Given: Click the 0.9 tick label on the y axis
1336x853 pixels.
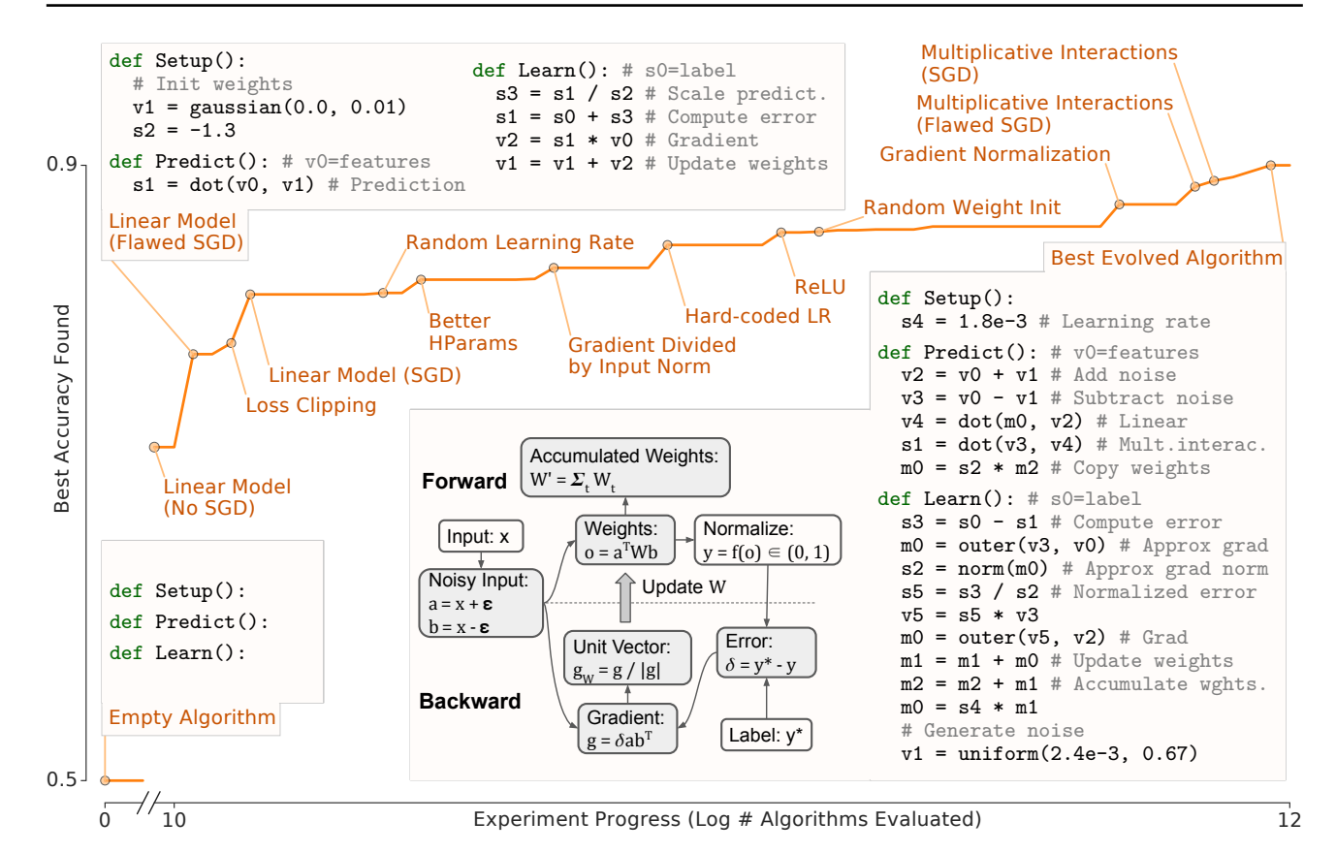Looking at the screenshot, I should click(61, 165).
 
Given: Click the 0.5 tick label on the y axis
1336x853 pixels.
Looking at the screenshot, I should click(61, 780).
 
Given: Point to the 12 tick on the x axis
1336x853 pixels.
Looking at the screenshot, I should click(1289, 820).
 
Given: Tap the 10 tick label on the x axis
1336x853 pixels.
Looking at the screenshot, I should click(174, 820).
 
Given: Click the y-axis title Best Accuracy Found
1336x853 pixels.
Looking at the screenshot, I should click(62, 408).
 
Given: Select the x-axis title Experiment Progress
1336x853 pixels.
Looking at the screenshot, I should click(726, 820).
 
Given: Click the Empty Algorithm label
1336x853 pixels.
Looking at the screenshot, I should click(192, 717).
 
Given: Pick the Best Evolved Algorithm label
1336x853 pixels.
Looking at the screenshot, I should click(1166, 258).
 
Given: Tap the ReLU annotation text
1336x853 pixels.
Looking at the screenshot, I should click(820, 287).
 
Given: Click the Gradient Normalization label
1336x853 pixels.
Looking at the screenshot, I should click(995, 154).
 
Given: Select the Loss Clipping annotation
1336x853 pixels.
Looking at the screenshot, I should click(310, 405).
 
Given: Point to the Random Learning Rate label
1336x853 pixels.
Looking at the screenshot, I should click(520, 242).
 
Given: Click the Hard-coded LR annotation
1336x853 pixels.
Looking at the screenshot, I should click(757, 316).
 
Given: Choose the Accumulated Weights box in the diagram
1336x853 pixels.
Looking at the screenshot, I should click(625, 468).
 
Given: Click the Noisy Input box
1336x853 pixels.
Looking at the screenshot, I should click(480, 603).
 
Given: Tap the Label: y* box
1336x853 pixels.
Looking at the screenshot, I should click(766, 736).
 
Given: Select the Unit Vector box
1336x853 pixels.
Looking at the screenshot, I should click(627, 658).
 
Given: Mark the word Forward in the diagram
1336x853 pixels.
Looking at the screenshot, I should click(464, 481).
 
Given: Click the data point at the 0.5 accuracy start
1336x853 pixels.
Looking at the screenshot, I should click(106, 780).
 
